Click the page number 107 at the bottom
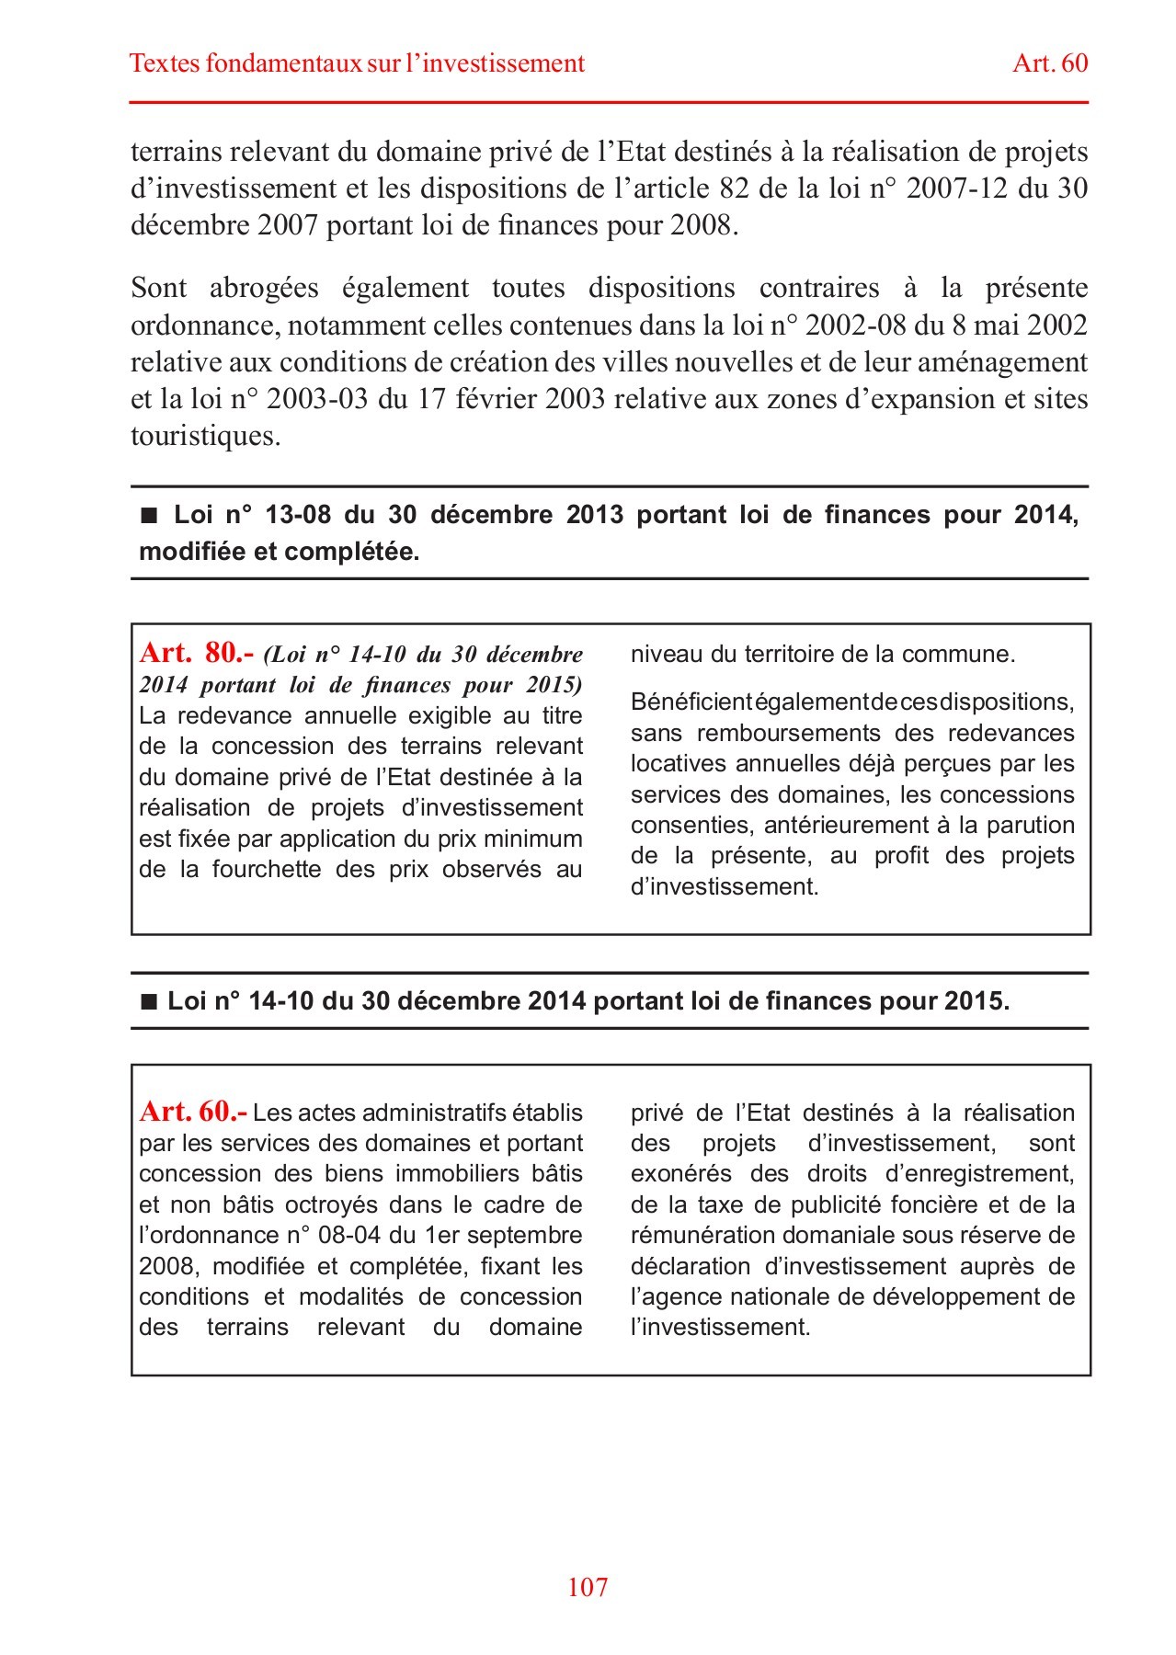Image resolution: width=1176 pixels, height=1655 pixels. click(588, 1587)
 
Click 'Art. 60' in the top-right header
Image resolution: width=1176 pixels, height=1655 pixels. click(1050, 63)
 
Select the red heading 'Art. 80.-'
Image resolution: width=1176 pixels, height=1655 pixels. click(196, 653)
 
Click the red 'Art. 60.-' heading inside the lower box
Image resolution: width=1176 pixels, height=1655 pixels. click(193, 1112)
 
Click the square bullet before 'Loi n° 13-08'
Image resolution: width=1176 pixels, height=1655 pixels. click(149, 516)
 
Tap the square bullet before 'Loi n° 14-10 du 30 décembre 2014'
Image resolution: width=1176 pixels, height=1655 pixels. click(149, 1002)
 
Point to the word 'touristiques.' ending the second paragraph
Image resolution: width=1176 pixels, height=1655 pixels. click(205, 436)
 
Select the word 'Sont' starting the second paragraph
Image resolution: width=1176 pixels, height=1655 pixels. click(158, 288)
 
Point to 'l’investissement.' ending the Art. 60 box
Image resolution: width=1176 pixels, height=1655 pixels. click(720, 1328)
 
